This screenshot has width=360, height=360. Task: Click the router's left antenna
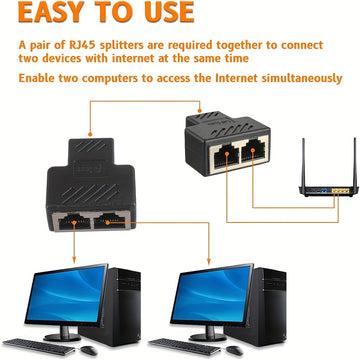point(303,163)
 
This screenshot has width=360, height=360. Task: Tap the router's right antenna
point(355,163)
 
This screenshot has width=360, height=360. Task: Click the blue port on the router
point(324,191)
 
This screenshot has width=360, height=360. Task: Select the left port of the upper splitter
point(227,157)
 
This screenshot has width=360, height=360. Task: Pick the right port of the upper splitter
point(253,152)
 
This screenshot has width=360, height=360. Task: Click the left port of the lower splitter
point(75,222)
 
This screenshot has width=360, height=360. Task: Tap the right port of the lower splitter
point(110,221)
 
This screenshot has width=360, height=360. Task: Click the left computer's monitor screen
point(66,294)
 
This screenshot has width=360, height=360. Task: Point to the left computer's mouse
point(89,350)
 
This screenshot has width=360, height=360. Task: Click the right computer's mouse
point(235,350)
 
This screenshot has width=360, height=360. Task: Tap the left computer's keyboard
point(39,347)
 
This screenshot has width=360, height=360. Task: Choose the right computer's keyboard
point(184,347)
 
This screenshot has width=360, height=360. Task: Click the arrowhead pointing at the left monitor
point(74,260)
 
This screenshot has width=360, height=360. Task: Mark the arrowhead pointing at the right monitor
point(209,261)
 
